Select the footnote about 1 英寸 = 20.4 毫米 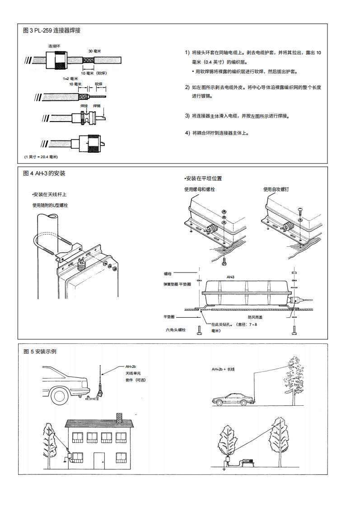[42, 156]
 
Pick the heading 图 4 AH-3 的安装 [44, 174]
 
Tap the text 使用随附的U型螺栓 [50, 205]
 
